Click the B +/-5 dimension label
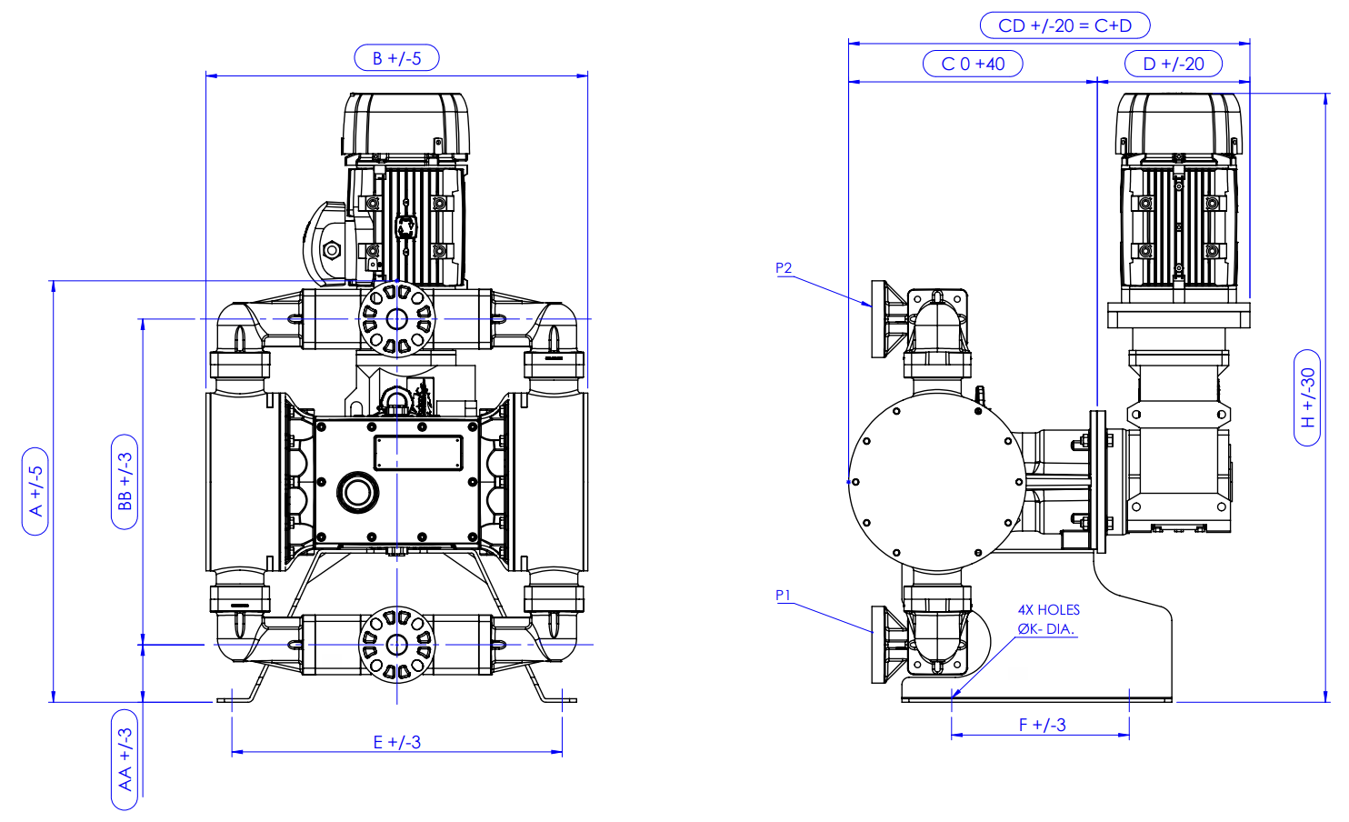(396, 58)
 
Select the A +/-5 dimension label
(35, 491)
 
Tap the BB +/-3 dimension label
(125, 482)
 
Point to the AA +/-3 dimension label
(125, 759)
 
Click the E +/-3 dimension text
(397, 742)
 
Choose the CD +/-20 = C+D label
(1064, 25)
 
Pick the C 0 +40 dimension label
(973, 64)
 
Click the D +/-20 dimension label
(1173, 64)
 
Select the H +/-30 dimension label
(1307, 397)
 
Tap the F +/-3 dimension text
(1042, 725)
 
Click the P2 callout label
(784, 268)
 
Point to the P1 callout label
(784, 596)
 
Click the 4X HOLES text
(1048, 610)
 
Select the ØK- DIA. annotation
(1045, 628)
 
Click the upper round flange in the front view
(397, 319)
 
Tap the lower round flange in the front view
(397, 644)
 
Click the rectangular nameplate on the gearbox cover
(418, 453)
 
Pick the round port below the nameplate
(357, 492)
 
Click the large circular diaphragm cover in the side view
(935, 482)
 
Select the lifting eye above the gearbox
(397, 398)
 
